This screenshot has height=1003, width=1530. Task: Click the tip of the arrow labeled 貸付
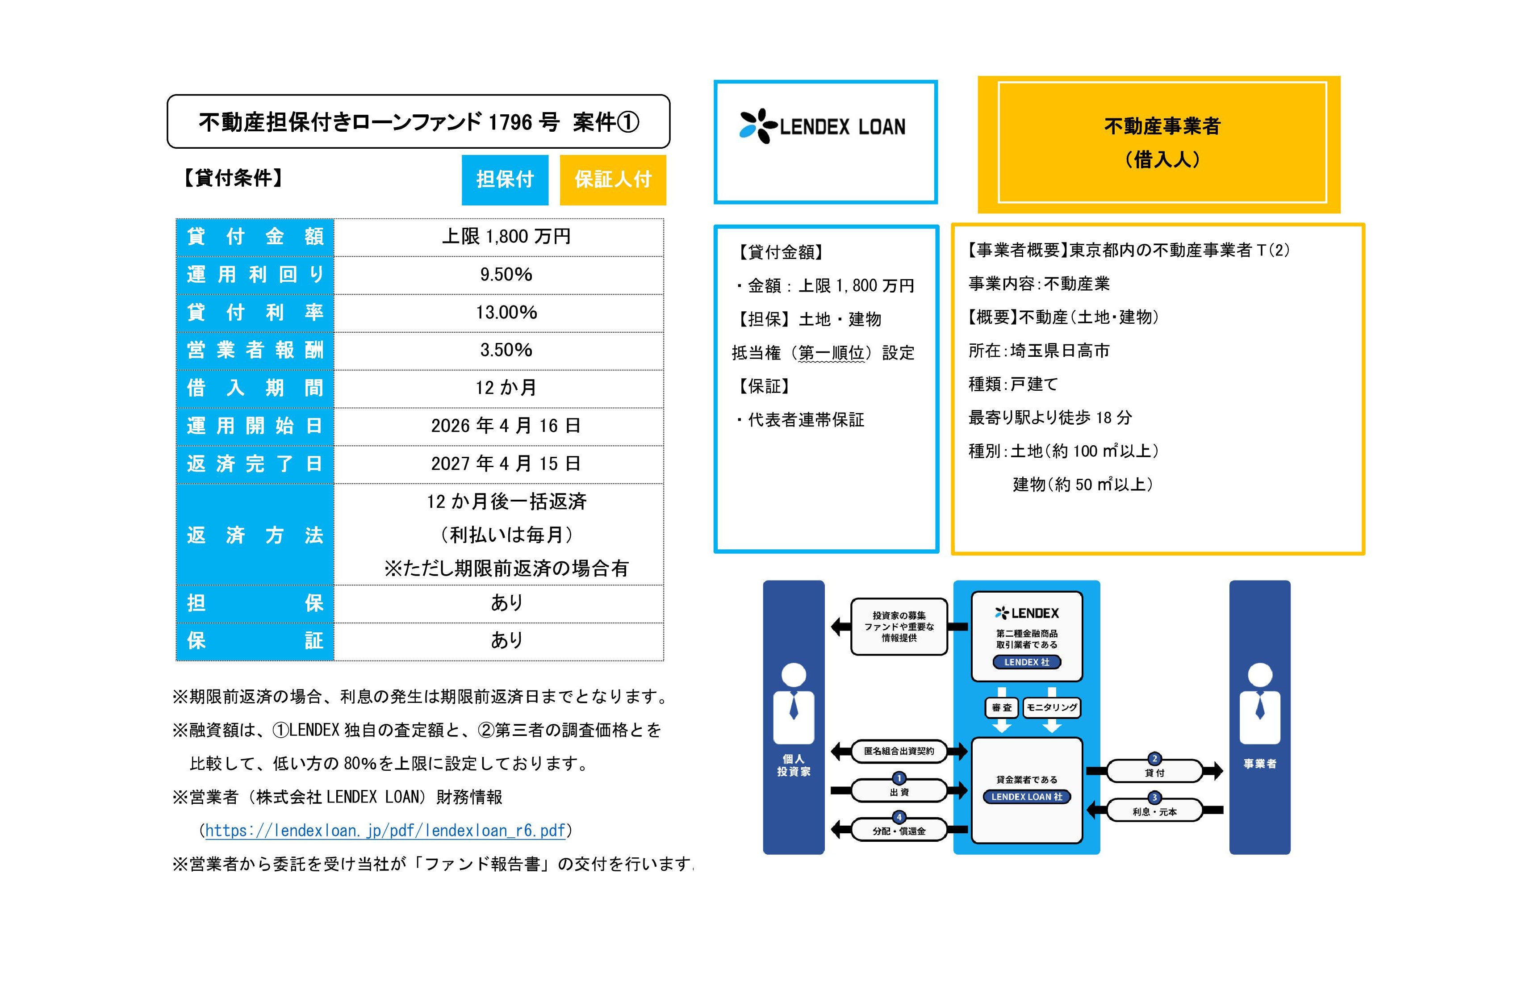point(1223,770)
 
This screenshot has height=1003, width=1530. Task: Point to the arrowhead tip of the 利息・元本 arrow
point(1087,810)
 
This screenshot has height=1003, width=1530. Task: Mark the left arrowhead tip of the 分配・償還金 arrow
point(831,829)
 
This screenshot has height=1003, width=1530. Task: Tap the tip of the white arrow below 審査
point(1002,733)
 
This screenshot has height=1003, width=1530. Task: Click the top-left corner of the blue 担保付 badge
point(462,155)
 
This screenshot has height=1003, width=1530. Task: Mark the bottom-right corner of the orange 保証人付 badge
point(666,205)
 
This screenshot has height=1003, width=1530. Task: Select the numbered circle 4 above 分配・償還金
point(899,817)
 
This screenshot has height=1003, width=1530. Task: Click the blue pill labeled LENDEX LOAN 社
point(1027,797)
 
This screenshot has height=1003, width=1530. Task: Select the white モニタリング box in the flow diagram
point(1052,707)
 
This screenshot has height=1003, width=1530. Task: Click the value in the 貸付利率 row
point(506,313)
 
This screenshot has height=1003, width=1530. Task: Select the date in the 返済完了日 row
point(506,464)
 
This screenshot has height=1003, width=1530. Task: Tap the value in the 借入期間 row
point(506,388)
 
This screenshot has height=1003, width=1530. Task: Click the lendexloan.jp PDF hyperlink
point(385,831)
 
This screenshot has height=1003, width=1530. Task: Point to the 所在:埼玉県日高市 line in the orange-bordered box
point(1039,351)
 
